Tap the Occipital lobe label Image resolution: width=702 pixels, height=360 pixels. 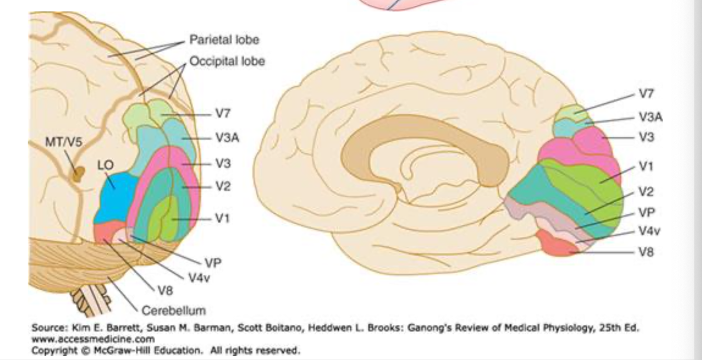coord(227,61)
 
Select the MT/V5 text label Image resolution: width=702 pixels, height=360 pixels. coord(60,142)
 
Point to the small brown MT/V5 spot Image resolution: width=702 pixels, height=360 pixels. coord(79,174)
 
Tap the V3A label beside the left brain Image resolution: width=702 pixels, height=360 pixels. coord(227,138)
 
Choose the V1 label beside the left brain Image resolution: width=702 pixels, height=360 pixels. coord(223,217)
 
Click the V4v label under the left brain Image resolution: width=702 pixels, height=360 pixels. coord(199,278)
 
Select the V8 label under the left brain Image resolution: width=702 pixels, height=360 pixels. coord(164,289)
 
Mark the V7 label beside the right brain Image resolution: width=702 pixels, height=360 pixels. coord(646,95)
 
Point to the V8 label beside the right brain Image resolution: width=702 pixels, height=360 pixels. coord(646,252)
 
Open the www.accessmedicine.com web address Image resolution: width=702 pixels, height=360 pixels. coord(93,338)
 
